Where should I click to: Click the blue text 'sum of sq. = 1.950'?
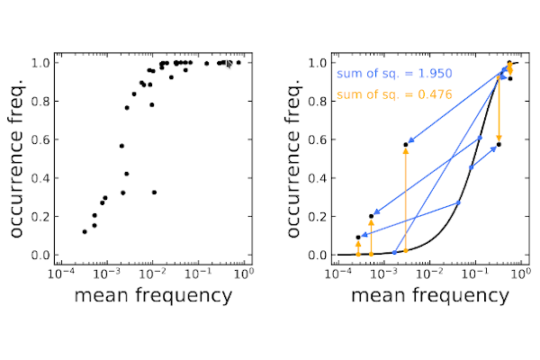(394, 74)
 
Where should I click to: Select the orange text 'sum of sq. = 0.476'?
(394, 94)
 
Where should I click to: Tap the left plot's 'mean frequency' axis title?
(152, 295)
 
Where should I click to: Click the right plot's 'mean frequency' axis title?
(427, 295)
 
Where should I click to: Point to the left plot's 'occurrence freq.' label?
(19, 158)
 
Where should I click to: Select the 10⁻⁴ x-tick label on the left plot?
(61, 272)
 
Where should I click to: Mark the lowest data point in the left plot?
(85, 231)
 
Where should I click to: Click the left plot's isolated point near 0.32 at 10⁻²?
(155, 193)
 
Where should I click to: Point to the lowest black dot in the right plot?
(358, 238)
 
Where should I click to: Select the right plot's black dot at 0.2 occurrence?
(371, 216)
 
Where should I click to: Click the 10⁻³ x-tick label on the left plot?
(107, 272)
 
